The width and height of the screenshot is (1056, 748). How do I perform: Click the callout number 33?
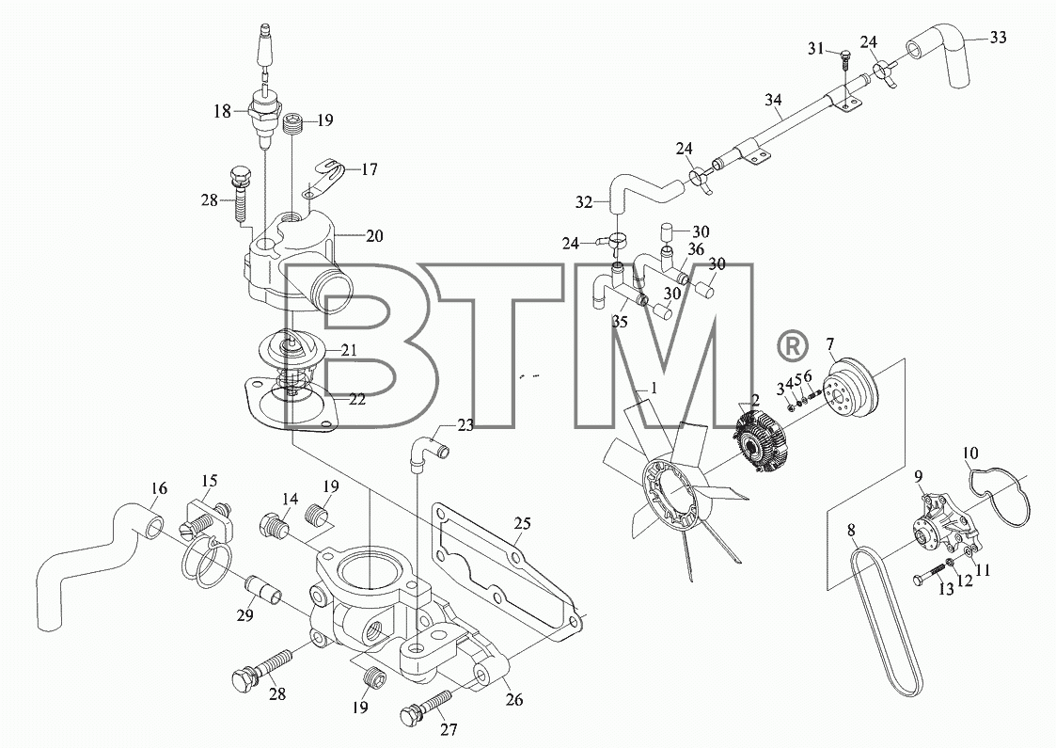(998, 37)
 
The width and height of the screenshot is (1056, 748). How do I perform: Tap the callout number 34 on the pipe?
(774, 101)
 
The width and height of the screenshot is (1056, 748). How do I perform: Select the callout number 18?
(222, 111)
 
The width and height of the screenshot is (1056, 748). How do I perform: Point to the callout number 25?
(523, 523)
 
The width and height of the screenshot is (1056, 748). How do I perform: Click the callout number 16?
(159, 488)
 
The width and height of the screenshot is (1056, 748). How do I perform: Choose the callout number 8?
(851, 531)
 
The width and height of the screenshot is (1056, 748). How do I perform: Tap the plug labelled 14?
(274, 524)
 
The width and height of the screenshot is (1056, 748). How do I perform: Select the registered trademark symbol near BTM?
(792, 345)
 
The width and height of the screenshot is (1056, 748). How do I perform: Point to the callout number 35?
(620, 322)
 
